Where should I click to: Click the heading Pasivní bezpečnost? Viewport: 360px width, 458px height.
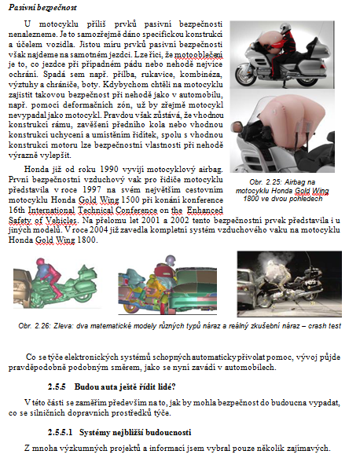(42, 8)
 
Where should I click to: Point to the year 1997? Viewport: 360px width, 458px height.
(92, 190)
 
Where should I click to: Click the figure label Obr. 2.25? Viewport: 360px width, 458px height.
(266, 182)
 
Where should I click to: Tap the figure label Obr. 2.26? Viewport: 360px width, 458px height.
(35, 326)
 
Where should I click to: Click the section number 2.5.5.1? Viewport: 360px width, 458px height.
(61, 432)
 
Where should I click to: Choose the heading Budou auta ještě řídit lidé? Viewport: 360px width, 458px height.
(125, 387)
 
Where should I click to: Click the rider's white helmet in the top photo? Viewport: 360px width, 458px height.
(285, 28)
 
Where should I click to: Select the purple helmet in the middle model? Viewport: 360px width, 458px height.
(170, 260)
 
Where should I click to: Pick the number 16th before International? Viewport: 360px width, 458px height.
(17, 211)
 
